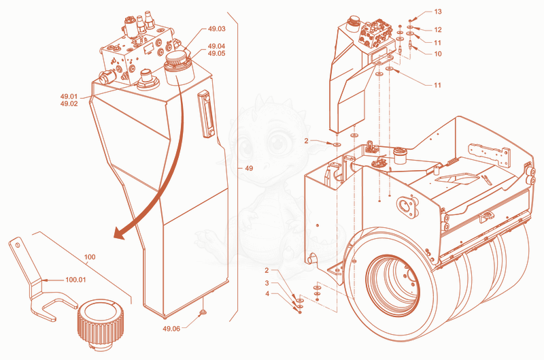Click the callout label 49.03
click(216, 29)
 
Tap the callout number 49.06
click(171, 329)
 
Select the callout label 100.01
click(75, 280)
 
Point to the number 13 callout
click(438, 12)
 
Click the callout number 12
click(438, 30)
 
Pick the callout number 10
click(438, 54)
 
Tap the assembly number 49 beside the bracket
click(249, 168)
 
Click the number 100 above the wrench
click(90, 257)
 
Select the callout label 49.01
click(69, 97)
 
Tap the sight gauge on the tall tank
click(207, 114)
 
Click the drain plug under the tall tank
click(203, 313)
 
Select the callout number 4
click(267, 294)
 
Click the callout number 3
click(267, 283)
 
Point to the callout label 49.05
click(216, 54)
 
